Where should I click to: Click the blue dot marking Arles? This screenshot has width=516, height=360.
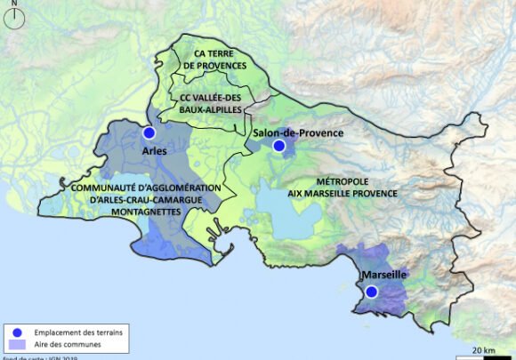click(x=149, y=133)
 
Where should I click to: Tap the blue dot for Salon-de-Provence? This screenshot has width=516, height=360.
click(x=278, y=146)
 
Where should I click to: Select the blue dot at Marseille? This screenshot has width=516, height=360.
click(x=372, y=291)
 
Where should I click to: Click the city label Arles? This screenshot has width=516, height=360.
click(x=155, y=151)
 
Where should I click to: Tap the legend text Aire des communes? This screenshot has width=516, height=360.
click(x=62, y=343)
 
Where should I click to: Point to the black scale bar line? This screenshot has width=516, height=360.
click(x=484, y=355)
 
